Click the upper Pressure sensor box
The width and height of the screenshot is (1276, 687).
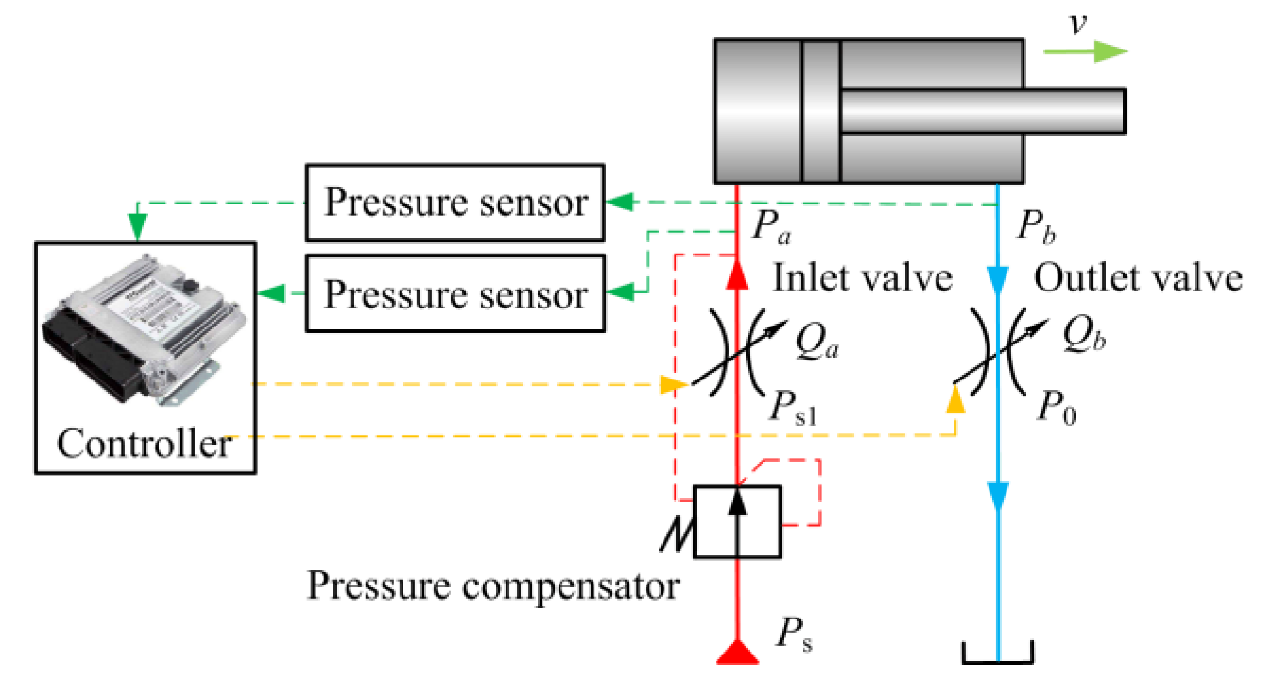tap(455, 203)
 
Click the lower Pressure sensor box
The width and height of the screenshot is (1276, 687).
tap(455, 293)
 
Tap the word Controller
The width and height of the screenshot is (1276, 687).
tap(144, 443)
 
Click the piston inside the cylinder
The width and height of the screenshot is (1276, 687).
tap(821, 112)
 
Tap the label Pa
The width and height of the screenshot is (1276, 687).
tap(771, 226)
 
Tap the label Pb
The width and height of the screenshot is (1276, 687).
tap(1036, 226)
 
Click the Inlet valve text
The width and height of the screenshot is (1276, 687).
tap(862, 278)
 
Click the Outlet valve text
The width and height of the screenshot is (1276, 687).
tap(1138, 278)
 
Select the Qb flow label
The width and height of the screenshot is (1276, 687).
tap(1084, 334)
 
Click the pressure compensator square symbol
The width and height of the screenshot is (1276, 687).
tap(737, 522)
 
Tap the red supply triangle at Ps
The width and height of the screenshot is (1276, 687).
tap(737, 653)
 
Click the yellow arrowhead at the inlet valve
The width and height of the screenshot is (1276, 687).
tap(673, 384)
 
